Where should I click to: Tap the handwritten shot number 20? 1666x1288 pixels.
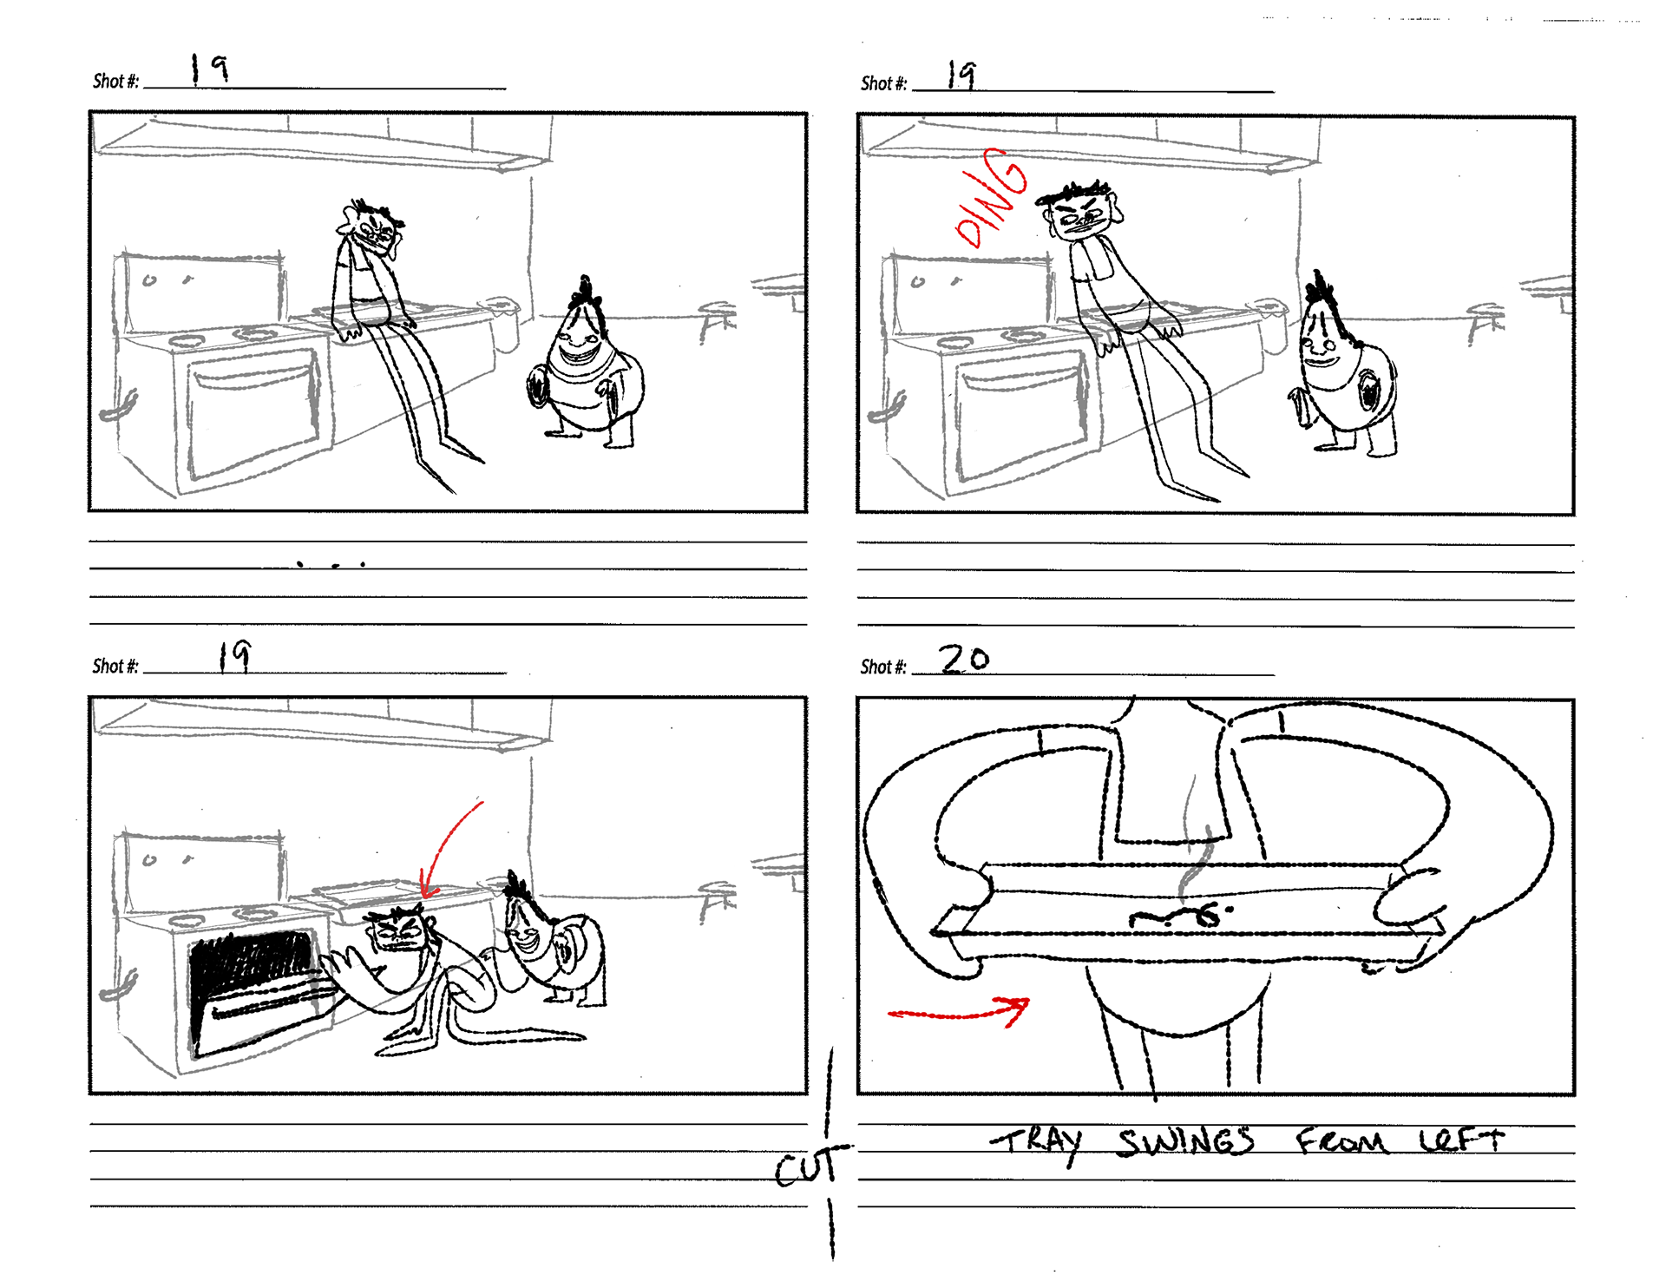click(x=965, y=659)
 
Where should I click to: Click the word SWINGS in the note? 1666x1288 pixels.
click(x=1186, y=1141)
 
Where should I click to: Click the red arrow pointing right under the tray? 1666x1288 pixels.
click(x=959, y=1013)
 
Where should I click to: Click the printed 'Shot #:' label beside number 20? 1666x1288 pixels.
click(x=883, y=667)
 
